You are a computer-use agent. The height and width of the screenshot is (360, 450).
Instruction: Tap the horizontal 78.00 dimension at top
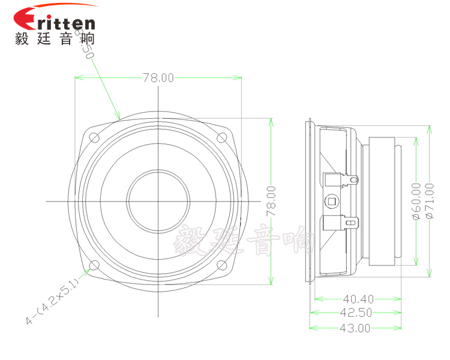[x=158, y=77]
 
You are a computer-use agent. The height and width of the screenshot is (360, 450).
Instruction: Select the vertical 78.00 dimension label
[x=271, y=201]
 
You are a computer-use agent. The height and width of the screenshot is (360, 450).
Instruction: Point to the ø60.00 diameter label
[x=416, y=201]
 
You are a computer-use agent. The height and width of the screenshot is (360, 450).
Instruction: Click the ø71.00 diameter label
[x=429, y=201]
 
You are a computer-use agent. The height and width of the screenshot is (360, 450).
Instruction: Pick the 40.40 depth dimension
[x=358, y=298]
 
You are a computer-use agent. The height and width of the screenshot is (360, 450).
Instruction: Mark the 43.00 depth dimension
[x=355, y=328]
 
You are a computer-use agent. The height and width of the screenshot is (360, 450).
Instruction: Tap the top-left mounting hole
[x=94, y=137]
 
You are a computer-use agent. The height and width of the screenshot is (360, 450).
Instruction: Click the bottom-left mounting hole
[x=94, y=265]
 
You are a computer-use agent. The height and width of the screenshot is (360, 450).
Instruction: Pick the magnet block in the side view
[x=382, y=201]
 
